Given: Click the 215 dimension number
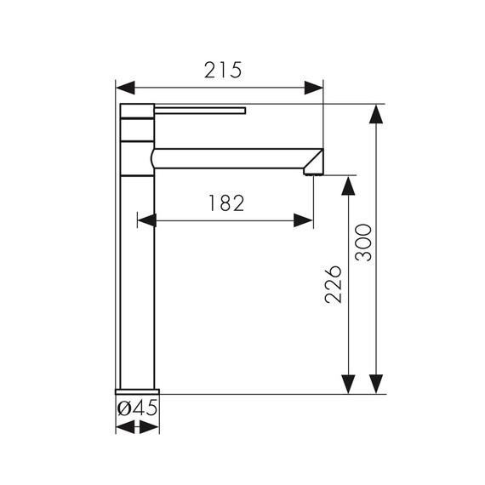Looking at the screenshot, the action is click(223, 71).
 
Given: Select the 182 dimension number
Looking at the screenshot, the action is click(226, 203).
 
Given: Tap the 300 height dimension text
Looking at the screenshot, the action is click(364, 242).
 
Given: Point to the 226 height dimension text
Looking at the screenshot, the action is click(334, 284).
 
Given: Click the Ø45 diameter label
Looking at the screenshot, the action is click(137, 408).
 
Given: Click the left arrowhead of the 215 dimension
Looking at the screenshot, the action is click(125, 88).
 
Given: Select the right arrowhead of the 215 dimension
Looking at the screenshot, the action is click(314, 88).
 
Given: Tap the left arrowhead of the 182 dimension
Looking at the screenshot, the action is click(147, 220).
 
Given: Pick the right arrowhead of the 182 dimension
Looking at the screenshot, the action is click(304, 220).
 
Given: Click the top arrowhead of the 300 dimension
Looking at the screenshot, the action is click(376, 114).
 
